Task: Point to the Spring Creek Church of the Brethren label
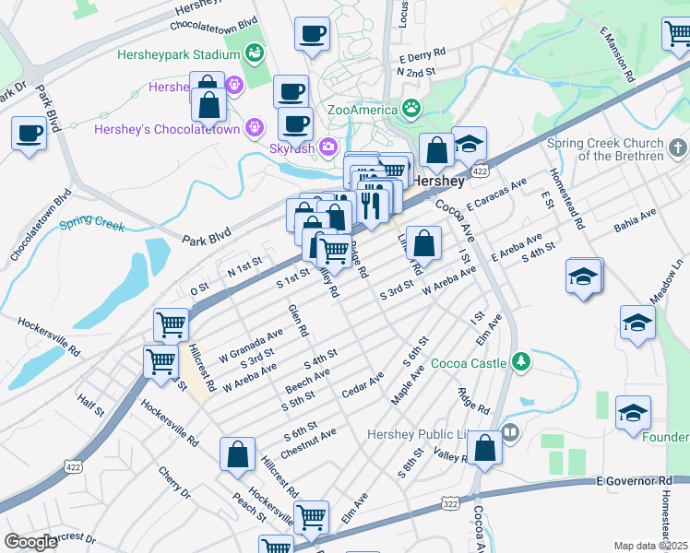[617, 149]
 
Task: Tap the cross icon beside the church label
[676, 147]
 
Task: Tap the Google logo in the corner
[31, 542]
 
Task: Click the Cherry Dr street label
[173, 481]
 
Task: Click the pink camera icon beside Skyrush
[328, 147]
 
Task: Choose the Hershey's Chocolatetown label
[167, 129]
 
